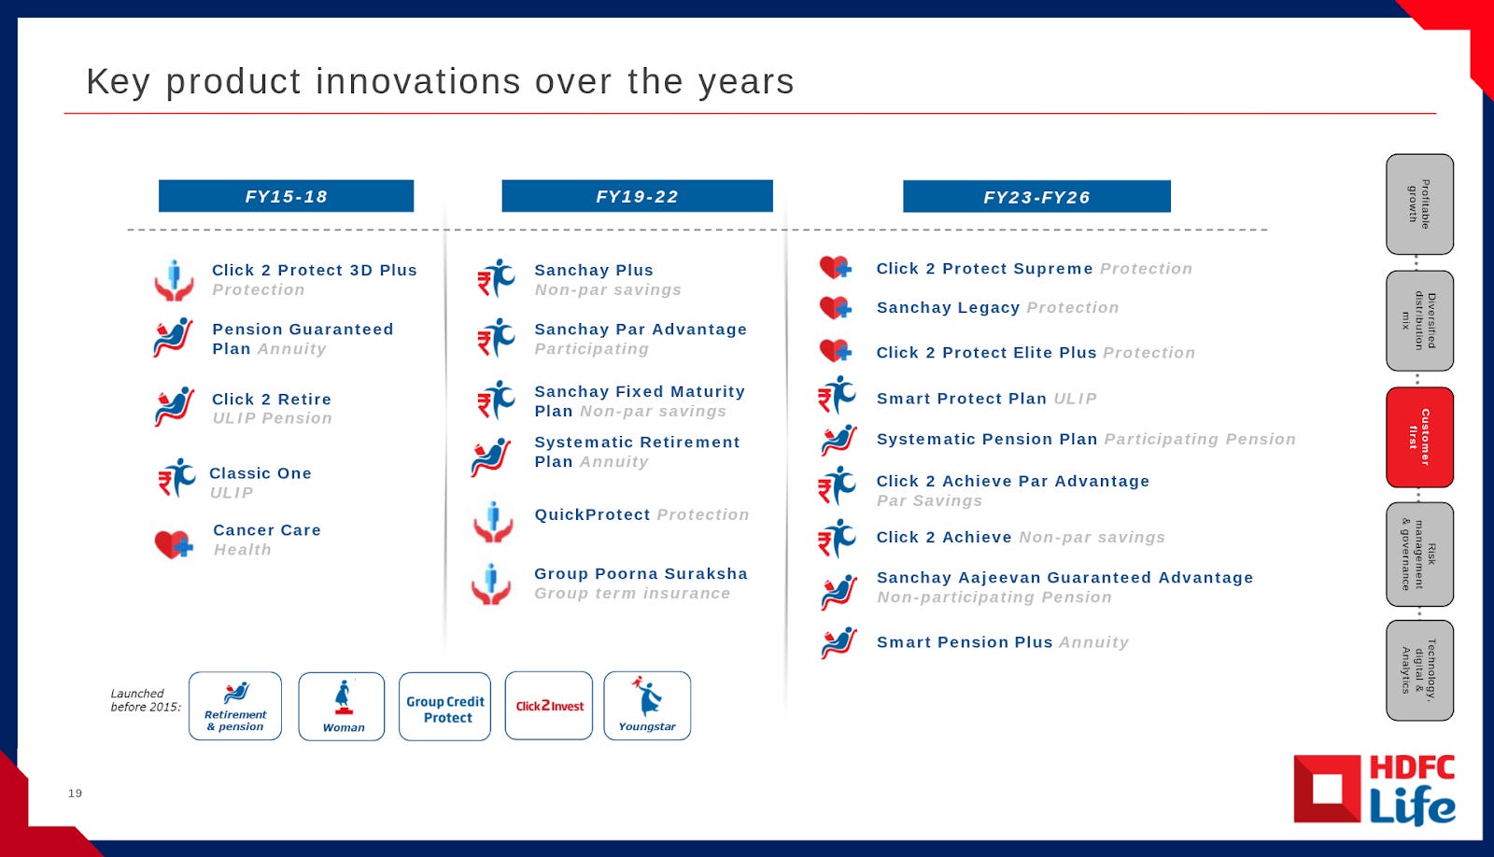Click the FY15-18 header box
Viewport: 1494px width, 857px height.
(x=286, y=196)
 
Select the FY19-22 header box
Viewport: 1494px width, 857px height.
(x=637, y=196)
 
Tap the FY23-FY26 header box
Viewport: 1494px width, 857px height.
(x=1036, y=197)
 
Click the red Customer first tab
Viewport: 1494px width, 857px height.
(x=1419, y=437)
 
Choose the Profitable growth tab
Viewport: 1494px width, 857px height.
(x=1419, y=204)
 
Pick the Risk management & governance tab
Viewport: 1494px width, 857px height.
(x=1419, y=555)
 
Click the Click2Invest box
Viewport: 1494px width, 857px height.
(x=549, y=706)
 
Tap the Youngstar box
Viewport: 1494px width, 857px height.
(x=647, y=706)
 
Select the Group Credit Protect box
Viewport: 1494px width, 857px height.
(x=444, y=707)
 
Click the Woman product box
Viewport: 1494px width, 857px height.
(x=342, y=707)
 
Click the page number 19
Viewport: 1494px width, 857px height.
(x=75, y=793)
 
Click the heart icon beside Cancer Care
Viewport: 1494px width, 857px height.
(x=174, y=544)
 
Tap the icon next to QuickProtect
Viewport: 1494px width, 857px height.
(x=494, y=522)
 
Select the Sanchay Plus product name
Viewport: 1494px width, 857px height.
(x=594, y=270)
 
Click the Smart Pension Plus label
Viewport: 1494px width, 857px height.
(x=965, y=642)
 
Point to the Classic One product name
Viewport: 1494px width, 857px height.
(x=261, y=473)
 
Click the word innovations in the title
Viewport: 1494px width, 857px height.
(x=418, y=81)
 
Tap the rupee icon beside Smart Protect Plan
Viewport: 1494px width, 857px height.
(x=837, y=395)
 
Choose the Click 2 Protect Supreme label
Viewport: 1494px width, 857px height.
(x=984, y=269)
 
